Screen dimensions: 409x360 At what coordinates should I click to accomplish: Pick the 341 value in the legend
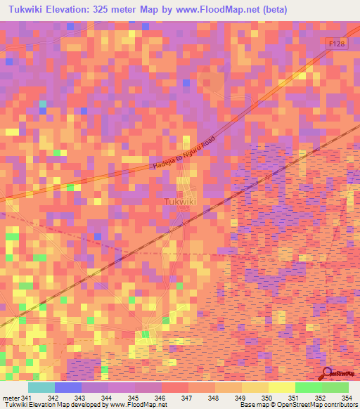tap(26, 398)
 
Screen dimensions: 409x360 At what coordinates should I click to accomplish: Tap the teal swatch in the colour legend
tap(41, 387)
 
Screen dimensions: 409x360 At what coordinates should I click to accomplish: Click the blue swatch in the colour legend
tap(68, 387)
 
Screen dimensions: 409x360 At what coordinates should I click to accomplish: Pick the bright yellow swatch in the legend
tap(281, 387)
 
